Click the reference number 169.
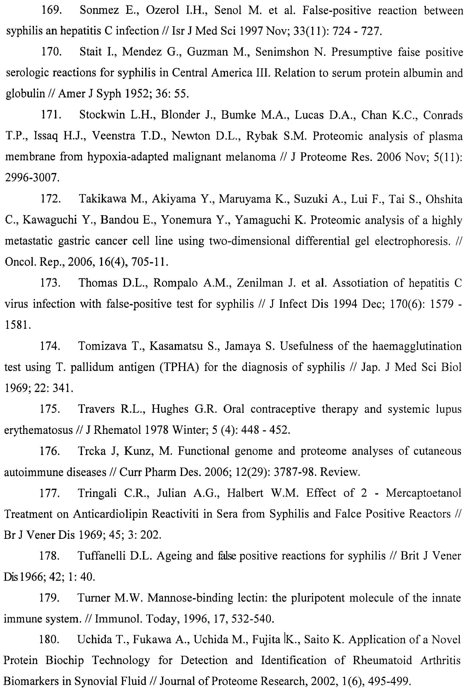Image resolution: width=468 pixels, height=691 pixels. tap(51, 11)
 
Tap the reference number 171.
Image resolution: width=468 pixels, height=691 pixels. tap(51, 115)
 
